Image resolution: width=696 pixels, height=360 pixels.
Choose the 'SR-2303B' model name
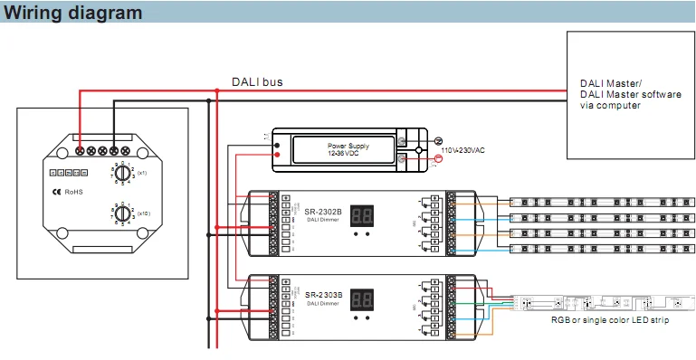323,294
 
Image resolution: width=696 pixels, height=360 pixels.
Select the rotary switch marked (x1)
121,171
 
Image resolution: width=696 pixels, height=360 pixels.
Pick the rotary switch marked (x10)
121,213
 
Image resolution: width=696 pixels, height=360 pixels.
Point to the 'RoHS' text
73,192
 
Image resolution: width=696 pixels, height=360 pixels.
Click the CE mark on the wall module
55,192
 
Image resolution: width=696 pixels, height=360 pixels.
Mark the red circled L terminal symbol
440,158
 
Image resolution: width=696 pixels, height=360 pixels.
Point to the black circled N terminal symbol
440,141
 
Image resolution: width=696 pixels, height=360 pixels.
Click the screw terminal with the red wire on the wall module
80,150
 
